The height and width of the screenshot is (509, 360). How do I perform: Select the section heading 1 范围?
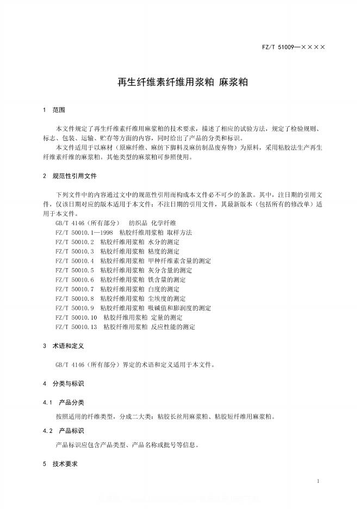tap(54, 110)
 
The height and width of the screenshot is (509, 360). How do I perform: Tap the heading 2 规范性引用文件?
tap(70, 176)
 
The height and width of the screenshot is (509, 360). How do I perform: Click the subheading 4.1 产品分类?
tap(64, 402)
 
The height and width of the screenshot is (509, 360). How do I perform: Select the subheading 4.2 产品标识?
tap(64, 431)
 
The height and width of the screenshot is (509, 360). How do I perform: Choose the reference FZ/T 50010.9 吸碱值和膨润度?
tap(133, 308)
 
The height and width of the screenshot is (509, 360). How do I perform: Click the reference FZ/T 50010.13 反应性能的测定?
tap(125, 327)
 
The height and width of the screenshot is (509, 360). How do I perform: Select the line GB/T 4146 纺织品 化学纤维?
tap(115, 223)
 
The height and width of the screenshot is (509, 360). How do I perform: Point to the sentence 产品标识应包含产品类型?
tap(127, 445)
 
